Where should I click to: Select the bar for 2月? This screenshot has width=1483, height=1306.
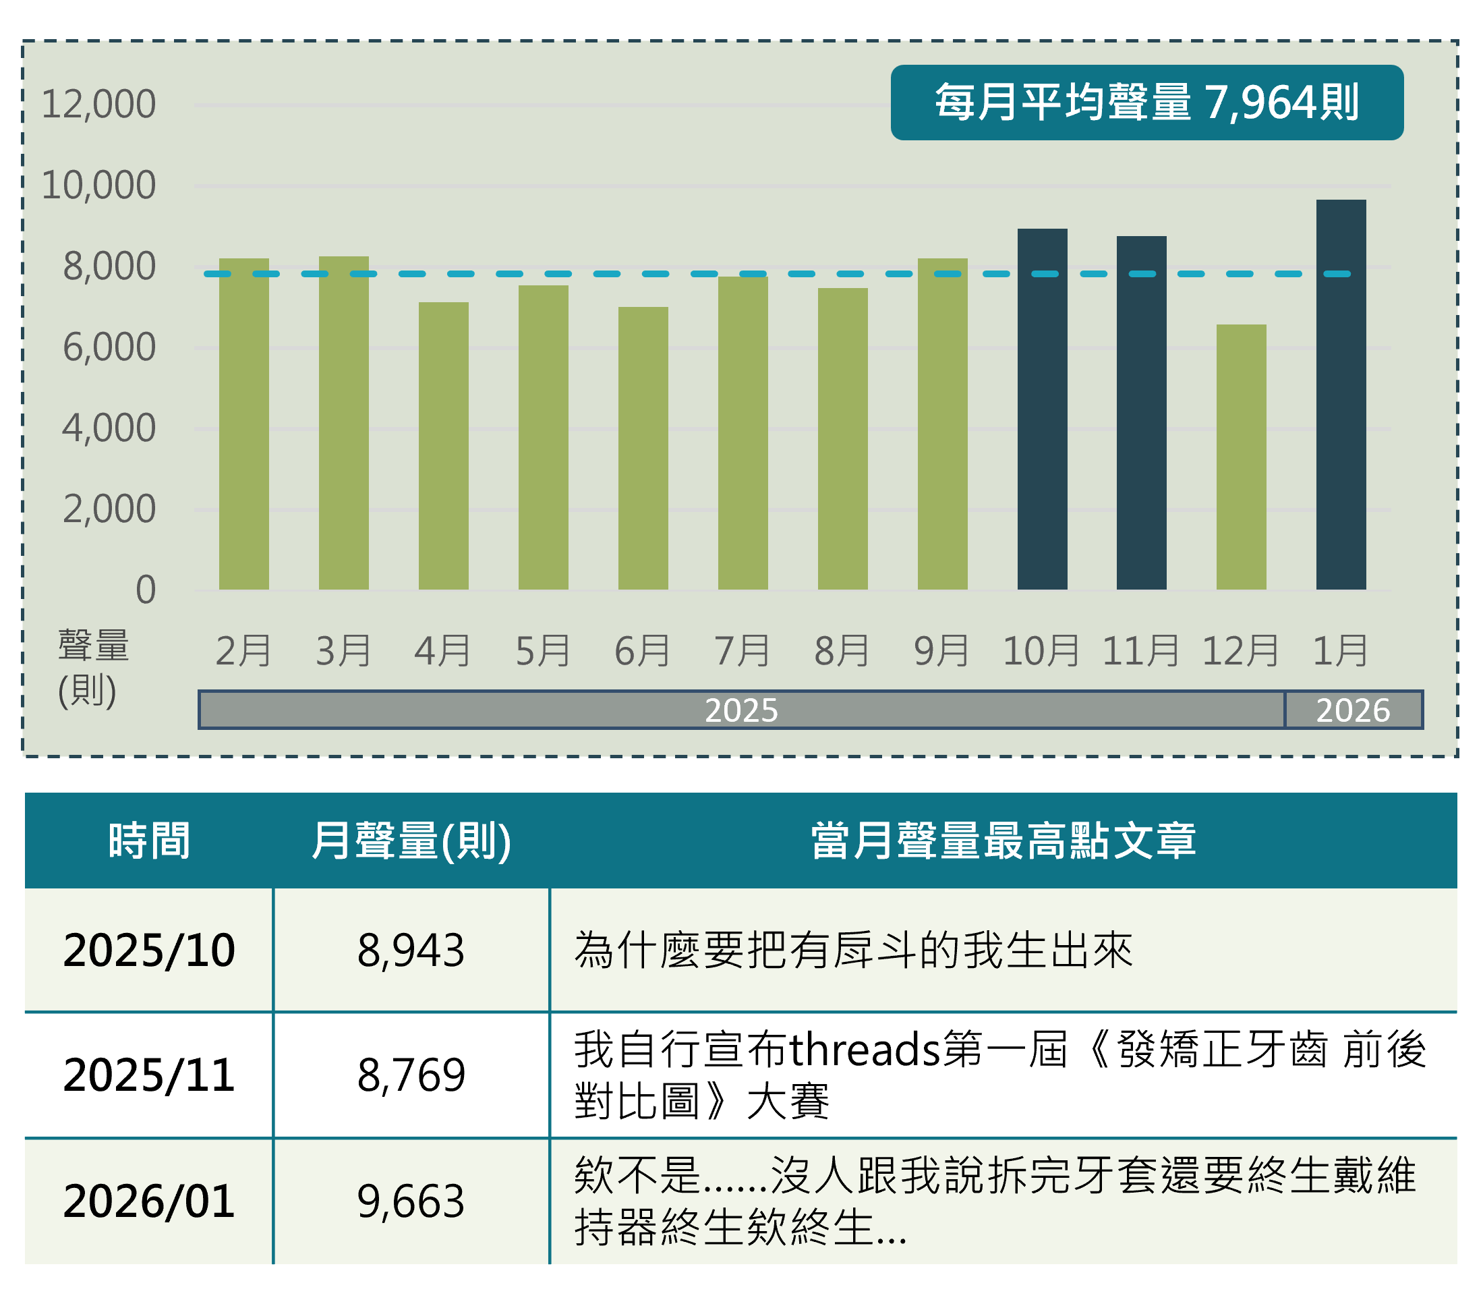243,424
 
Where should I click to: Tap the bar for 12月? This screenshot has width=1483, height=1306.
1241,457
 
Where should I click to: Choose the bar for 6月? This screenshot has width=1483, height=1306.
643,448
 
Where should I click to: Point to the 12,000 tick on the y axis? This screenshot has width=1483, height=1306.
98,104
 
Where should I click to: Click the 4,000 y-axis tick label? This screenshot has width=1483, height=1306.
109,428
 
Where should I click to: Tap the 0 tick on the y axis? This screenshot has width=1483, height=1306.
145,589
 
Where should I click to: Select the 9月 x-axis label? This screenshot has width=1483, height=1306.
941,650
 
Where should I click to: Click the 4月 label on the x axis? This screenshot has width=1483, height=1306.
442,650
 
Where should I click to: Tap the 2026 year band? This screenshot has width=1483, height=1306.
1353,710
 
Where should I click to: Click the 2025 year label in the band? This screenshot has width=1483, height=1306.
740,710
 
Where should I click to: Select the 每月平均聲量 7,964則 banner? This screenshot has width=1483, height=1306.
1146,103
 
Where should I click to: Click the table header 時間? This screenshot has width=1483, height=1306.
149,840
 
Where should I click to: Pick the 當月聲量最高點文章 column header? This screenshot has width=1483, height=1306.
1003,840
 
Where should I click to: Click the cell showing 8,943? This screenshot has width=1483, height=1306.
411,950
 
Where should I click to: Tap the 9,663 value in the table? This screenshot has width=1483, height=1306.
411,1201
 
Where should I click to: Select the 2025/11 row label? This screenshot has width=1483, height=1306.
149,1075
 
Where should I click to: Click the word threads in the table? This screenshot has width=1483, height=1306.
864,1049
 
